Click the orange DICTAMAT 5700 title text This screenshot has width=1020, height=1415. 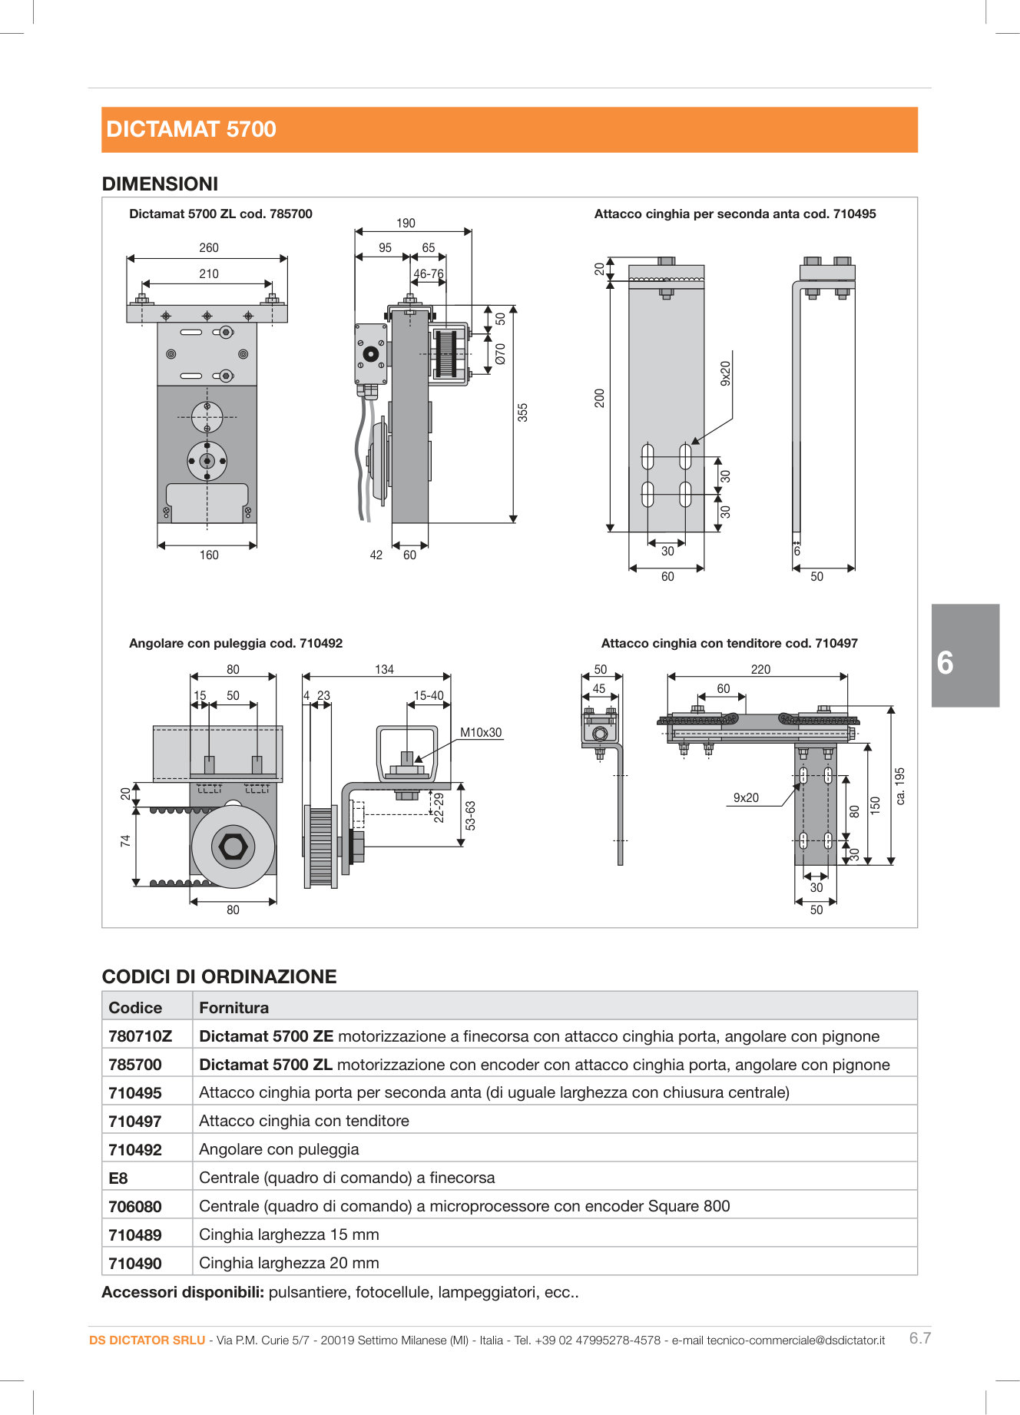191,129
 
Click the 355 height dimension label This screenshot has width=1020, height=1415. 522,413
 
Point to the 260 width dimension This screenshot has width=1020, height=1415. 208,247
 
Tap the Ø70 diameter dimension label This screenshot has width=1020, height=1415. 501,353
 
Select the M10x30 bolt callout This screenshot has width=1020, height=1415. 481,732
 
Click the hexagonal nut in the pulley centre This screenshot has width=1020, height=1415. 233,847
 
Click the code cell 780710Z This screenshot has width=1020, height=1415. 141,1036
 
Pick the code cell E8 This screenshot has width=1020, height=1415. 118,1178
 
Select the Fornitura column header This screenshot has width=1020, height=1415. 233,1008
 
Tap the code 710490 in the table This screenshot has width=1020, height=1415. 135,1264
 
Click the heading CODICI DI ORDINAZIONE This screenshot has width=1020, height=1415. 219,976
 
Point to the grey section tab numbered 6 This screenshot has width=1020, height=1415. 965,656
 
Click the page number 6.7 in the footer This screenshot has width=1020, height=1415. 919,1338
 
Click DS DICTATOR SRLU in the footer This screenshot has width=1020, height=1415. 147,1340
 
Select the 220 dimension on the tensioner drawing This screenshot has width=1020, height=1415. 760,669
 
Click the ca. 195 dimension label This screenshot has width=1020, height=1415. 900,786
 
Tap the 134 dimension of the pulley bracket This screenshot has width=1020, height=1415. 384,669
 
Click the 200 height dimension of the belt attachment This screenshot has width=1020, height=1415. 599,398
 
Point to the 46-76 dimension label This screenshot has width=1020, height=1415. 428,273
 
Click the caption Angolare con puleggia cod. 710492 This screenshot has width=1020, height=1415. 235,643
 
